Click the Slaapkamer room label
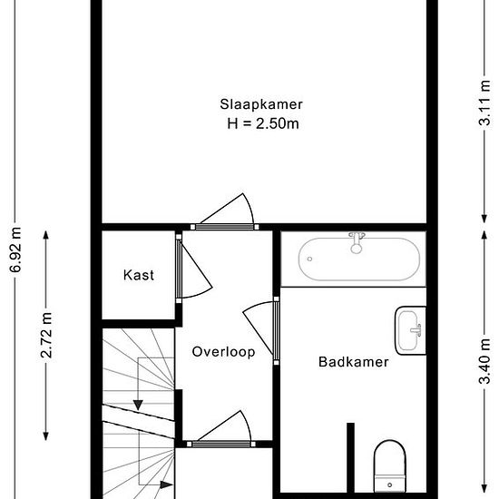[261, 104]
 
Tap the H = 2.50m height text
[263, 123]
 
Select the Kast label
[139, 275]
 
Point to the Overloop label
[223, 352]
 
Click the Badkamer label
[354, 362]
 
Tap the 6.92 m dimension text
[15, 249]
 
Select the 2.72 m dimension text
[46, 335]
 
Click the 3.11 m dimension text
[484, 103]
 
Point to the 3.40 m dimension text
[484, 361]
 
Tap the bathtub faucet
[357, 242]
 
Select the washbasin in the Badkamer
[410, 330]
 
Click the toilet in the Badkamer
[390, 466]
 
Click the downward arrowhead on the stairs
[138, 405]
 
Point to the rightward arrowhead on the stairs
[166, 484]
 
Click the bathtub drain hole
[309, 259]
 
